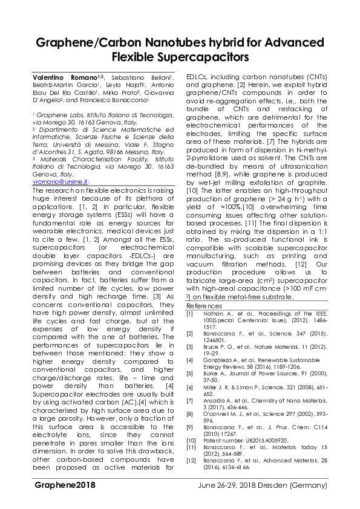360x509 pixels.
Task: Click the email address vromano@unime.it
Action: tap(60, 181)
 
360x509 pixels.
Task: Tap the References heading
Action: tap(205, 306)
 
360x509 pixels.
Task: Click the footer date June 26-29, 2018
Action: tap(225, 502)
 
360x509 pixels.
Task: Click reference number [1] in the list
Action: tap(189, 314)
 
